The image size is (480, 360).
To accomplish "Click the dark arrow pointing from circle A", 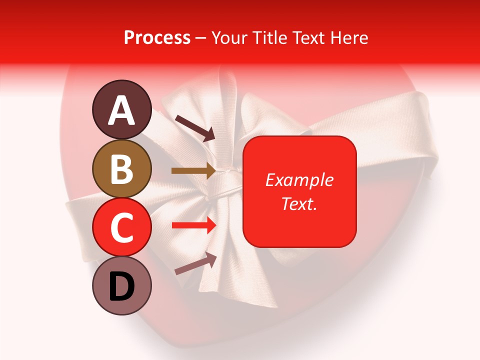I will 195,128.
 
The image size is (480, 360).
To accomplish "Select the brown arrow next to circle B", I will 193,171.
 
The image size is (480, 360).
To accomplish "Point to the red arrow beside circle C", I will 194,225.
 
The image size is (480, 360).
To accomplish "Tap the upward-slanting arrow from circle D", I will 195,264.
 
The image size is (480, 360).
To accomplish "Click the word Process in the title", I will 157,37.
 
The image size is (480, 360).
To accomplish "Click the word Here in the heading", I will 350,37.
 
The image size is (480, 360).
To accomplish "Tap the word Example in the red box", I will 299,180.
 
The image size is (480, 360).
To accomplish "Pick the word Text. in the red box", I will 299,203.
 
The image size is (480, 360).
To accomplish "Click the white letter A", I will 122,110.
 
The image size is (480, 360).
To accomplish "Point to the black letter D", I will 121,286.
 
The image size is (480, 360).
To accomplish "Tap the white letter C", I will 121,228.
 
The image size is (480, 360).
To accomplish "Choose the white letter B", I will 121,169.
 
